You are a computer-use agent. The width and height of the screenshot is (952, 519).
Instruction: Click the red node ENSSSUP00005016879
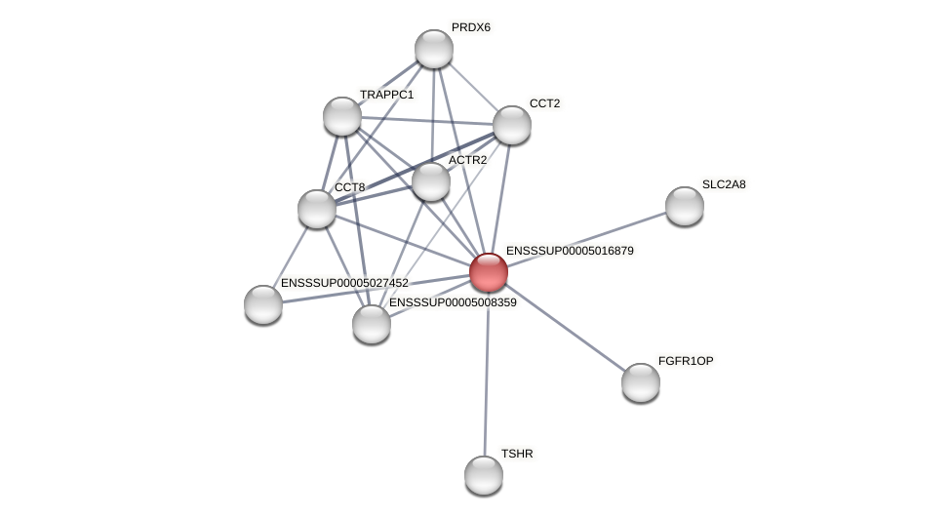click(x=489, y=272)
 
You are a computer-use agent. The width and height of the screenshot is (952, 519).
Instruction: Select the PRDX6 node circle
click(x=434, y=49)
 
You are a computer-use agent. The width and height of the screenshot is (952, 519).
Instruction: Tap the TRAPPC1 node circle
click(x=342, y=116)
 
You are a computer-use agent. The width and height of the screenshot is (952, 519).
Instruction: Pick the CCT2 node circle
click(x=512, y=125)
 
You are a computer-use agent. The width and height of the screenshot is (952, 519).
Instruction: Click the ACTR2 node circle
click(x=431, y=181)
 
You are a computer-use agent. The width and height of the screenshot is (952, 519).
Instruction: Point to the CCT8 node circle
click(x=317, y=209)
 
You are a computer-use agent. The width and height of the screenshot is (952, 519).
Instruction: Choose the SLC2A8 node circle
click(x=685, y=206)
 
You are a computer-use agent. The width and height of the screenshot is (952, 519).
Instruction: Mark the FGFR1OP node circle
click(x=641, y=382)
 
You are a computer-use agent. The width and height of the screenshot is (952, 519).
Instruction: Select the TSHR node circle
click(x=484, y=475)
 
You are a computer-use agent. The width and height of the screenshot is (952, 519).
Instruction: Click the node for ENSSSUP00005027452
click(x=263, y=304)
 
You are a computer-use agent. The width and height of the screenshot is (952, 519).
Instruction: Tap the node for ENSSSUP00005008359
click(x=372, y=324)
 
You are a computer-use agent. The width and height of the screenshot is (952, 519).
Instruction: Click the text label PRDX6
click(x=471, y=27)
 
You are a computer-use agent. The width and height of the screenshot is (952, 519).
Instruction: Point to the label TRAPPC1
click(x=386, y=95)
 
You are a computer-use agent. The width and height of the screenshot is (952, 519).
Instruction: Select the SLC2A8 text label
click(x=724, y=184)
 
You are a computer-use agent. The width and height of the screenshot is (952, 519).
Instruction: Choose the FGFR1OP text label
click(x=686, y=361)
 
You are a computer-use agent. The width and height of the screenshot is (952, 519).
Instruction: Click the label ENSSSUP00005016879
click(x=570, y=251)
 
